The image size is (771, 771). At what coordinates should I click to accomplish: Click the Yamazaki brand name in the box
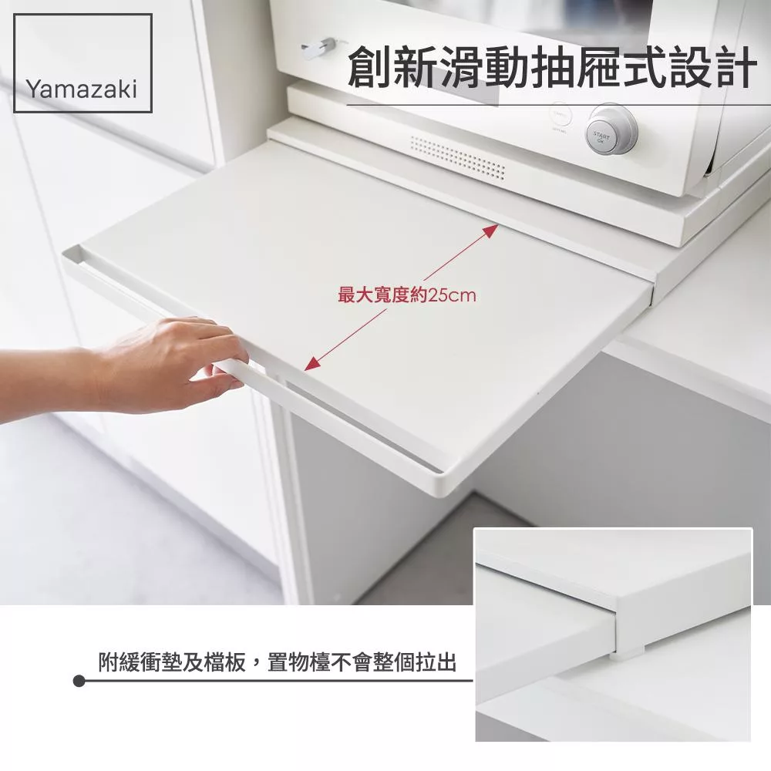(x=81, y=89)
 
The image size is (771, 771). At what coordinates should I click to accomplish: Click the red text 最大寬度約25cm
(x=406, y=295)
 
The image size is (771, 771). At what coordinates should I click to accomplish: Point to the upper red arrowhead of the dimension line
(x=491, y=231)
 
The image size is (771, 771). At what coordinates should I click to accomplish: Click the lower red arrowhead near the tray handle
(x=311, y=363)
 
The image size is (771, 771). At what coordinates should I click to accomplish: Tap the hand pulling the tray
(x=147, y=364)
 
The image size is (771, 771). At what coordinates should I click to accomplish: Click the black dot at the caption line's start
(x=79, y=681)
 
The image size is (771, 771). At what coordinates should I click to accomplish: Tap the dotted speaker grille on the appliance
(x=457, y=157)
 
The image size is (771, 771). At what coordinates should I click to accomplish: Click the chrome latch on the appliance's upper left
(x=317, y=48)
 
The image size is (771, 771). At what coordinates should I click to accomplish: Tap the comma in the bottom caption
(x=255, y=668)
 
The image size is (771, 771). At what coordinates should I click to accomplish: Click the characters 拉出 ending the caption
(x=436, y=662)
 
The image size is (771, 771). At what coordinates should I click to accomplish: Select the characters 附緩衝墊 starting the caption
(x=140, y=662)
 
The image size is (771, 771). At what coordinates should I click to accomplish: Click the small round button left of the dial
(x=560, y=116)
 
